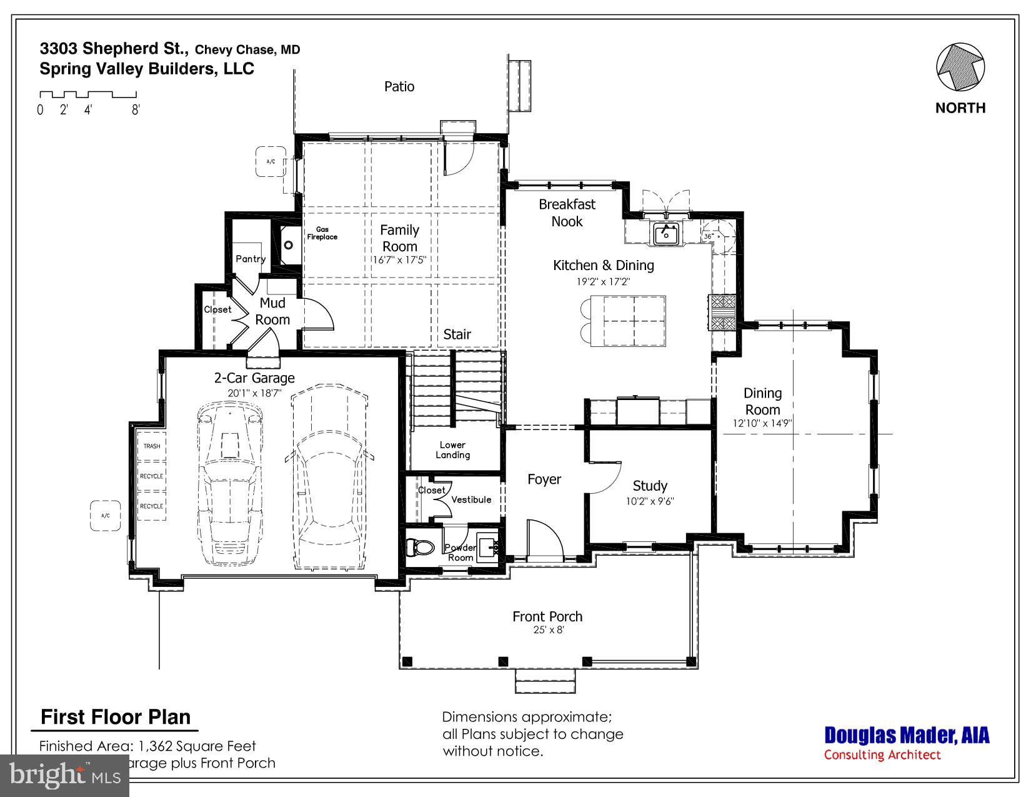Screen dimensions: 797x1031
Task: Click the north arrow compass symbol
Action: [960, 68]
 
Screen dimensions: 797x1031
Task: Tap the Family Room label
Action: [400, 238]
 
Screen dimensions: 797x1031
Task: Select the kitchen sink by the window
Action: [667, 234]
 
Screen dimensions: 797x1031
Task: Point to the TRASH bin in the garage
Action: [152, 446]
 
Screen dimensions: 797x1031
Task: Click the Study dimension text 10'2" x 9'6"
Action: [650, 501]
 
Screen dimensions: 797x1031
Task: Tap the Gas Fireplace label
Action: [322, 233]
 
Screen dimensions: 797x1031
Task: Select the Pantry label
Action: [251, 259]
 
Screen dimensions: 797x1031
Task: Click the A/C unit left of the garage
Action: [105, 516]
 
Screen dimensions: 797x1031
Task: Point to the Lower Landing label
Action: [452, 450]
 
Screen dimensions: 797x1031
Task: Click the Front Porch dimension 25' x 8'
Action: [547, 630]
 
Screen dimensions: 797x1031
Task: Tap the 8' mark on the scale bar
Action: [136, 110]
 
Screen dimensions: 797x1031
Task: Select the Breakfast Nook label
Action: [567, 213]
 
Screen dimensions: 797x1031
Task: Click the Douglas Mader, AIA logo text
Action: [907, 735]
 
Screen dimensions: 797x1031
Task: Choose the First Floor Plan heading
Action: [116, 717]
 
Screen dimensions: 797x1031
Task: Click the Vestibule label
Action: [471, 499]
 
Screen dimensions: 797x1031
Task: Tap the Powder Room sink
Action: [487, 544]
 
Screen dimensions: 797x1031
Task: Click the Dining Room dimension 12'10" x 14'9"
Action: [762, 423]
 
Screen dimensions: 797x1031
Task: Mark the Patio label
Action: [399, 86]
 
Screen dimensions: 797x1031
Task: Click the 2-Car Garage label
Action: [254, 378]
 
